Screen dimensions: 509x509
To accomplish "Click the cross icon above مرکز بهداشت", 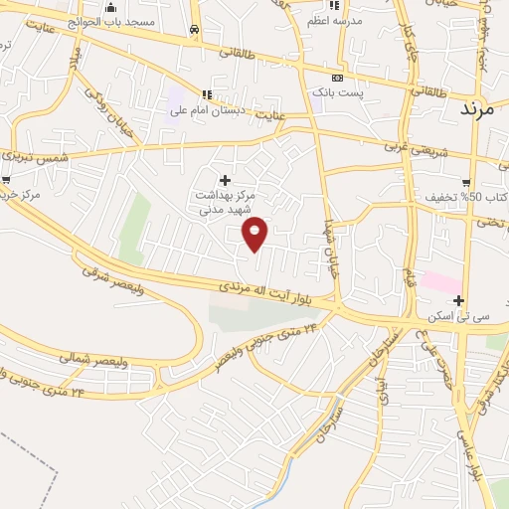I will pos(225,180).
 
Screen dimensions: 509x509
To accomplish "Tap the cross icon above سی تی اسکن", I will pos(458,300).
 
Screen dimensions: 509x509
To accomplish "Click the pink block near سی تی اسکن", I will pos(440,281).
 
